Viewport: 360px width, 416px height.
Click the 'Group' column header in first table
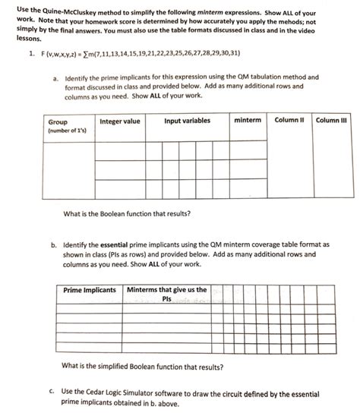coord(58,121)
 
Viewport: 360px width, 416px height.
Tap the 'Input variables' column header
coord(187,121)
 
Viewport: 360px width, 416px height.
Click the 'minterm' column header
coord(248,121)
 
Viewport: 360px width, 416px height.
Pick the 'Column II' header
coord(289,120)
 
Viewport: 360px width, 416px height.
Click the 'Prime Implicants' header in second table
coord(90,290)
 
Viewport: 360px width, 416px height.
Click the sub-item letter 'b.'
coord(55,246)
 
